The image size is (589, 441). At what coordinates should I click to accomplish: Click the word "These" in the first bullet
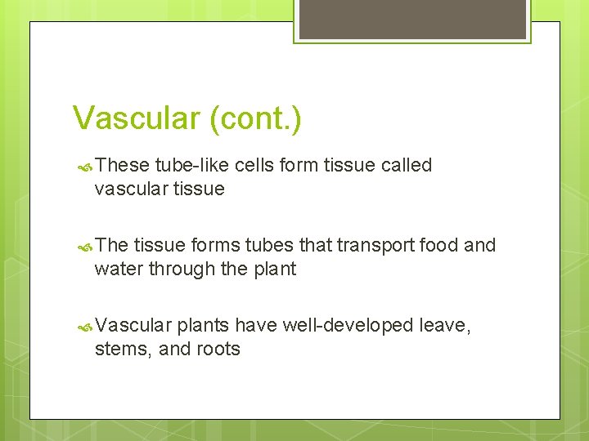(122, 165)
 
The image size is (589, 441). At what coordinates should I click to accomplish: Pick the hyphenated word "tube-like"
(191, 165)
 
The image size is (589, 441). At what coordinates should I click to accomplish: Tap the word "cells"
(254, 165)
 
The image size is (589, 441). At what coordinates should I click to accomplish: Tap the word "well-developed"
(348, 325)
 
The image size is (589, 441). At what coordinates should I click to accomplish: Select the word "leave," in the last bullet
(444, 325)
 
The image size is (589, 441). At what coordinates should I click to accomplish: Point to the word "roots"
(218, 349)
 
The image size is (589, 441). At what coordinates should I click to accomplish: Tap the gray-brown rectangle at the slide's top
(412, 18)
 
